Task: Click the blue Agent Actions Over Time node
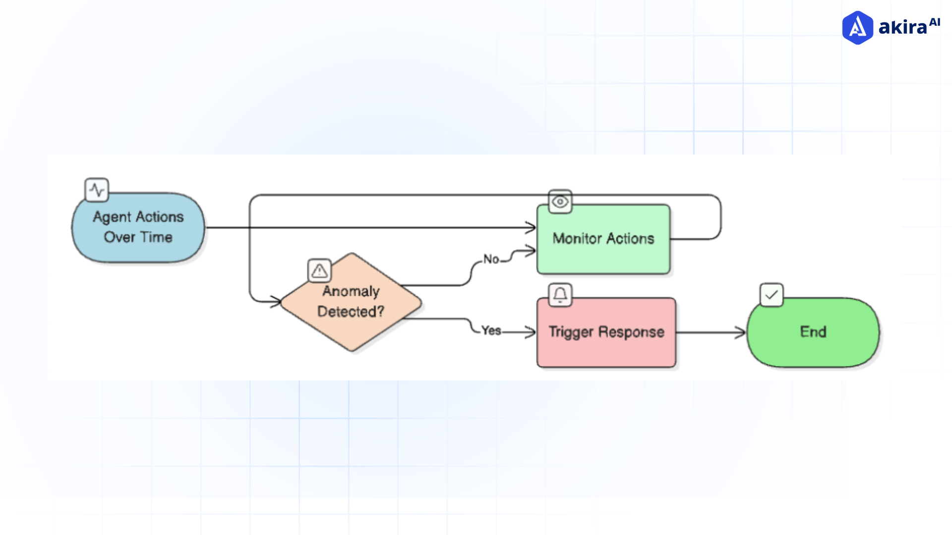pyautogui.click(x=138, y=227)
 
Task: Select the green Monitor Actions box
pyautogui.click(x=603, y=239)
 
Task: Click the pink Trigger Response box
pyautogui.click(x=606, y=332)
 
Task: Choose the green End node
pyautogui.click(x=813, y=332)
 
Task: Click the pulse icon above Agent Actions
pyautogui.click(x=97, y=190)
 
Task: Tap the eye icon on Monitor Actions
pyautogui.click(x=560, y=202)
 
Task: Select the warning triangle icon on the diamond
pyautogui.click(x=319, y=270)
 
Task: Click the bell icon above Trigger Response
pyautogui.click(x=560, y=295)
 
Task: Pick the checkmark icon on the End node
pyautogui.click(x=772, y=295)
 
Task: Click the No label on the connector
pyautogui.click(x=491, y=259)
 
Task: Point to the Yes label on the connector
pyautogui.click(x=491, y=330)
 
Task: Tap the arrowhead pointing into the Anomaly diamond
pyautogui.click(x=276, y=301)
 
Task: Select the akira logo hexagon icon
pyautogui.click(x=857, y=28)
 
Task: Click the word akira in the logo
pyautogui.click(x=902, y=28)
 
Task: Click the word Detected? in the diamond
pyautogui.click(x=351, y=312)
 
